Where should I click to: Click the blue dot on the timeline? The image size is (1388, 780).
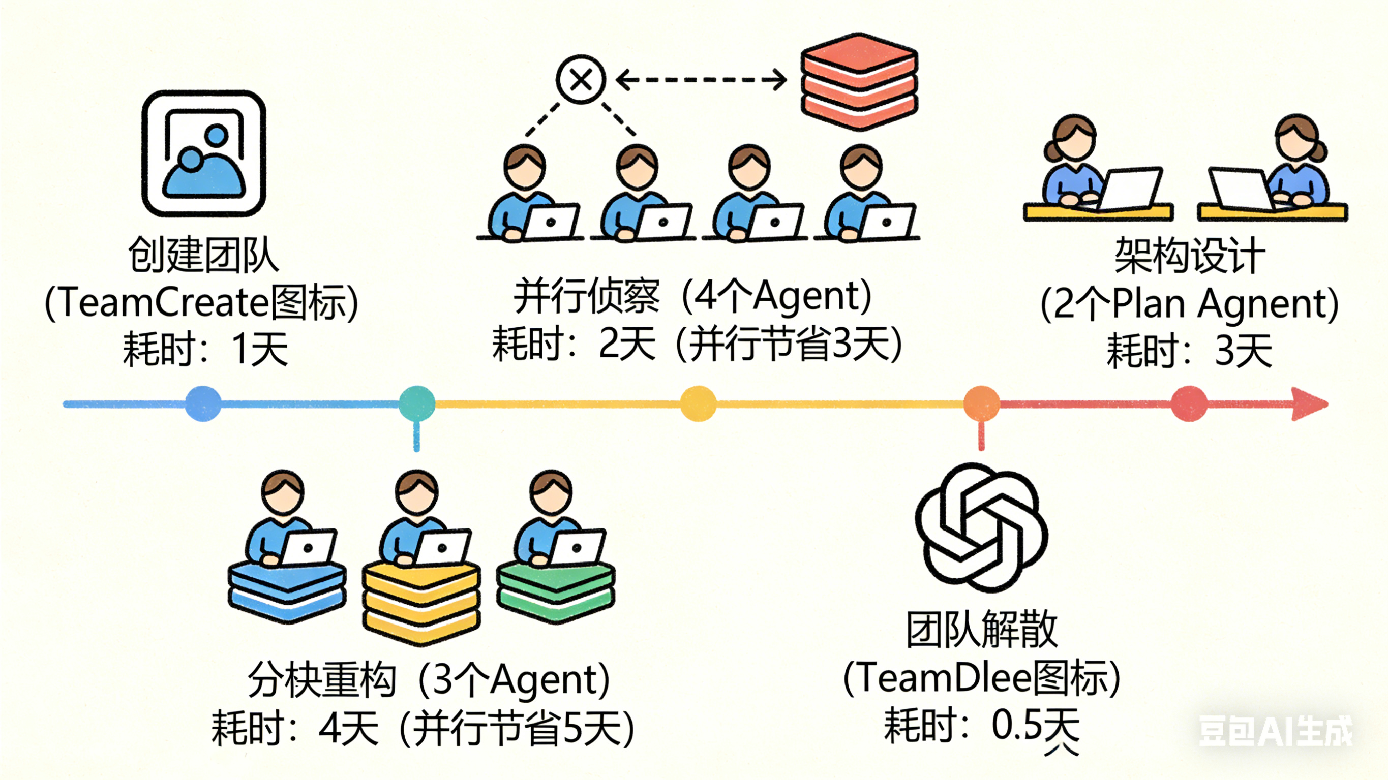[x=203, y=403]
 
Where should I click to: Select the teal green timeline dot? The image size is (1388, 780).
[x=416, y=403]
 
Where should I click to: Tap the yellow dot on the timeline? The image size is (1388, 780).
[x=698, y=403]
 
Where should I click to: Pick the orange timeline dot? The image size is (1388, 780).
[x=981, y=403]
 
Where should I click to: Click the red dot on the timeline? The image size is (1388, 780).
[x=1190, y=403]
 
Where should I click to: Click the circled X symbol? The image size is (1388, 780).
[x=581, y=80]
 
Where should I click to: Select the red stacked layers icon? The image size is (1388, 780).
[x=859, y=81]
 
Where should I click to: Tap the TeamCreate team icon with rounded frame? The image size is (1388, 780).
[x=204, y=153]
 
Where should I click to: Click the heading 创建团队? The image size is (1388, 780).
[x=203, y=255]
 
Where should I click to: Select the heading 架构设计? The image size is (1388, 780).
[x=1189, y=256]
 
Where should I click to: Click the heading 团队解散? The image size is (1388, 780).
[x=982, y=629]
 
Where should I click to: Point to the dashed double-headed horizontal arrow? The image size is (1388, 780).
[x=701, y=80]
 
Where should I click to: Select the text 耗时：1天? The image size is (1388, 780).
[x=205, y=350]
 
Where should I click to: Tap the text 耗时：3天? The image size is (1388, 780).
[x=1189, y=351]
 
